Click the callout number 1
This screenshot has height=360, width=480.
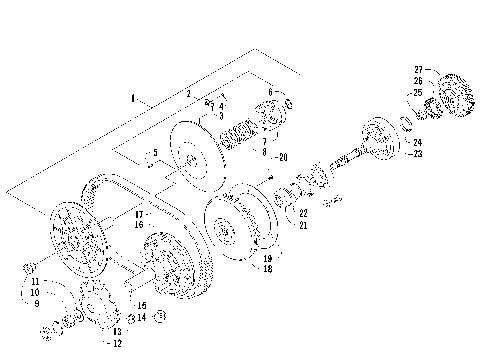coord(133,98)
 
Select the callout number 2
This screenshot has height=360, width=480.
coord(187,93)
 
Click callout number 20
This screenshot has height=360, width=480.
coord(283,156)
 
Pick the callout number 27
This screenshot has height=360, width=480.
coord(418,71)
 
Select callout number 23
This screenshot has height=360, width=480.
coord(418,153)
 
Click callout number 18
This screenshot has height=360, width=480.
coord(268,269)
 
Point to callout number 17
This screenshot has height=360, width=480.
coord(138,215)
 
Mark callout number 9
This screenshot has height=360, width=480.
coord(37,303)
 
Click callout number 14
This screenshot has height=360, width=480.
coord(141,317)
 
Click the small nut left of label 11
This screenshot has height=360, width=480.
coord(29,266)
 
